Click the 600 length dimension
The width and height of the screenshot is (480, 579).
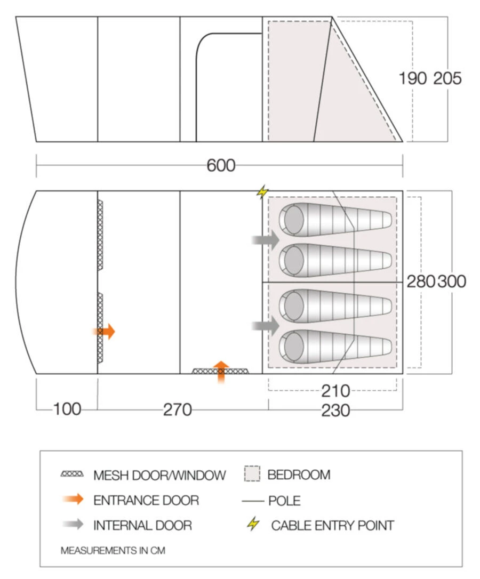coord(221,165)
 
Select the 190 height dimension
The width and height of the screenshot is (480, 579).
coord(413,78)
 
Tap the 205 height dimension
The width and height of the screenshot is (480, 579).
coord(447,78)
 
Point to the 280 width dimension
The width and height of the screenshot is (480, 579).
coord(421,281)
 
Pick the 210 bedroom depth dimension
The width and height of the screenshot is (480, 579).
coord(335,391)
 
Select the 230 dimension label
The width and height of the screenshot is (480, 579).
coord(335,410)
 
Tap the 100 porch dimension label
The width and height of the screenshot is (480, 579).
coord(67,409)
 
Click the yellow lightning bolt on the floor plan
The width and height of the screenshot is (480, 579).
coord(262,191)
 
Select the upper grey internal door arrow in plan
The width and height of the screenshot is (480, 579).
coord(266,240)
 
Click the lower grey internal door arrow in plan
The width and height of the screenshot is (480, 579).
coord(266,326)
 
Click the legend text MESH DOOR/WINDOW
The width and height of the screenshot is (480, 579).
coord(159,475)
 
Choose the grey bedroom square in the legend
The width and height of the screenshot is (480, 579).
coord(252,474)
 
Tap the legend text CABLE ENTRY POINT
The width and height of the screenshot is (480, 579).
coord(332,525)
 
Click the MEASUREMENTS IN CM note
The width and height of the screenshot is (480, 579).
coord(113,550)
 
